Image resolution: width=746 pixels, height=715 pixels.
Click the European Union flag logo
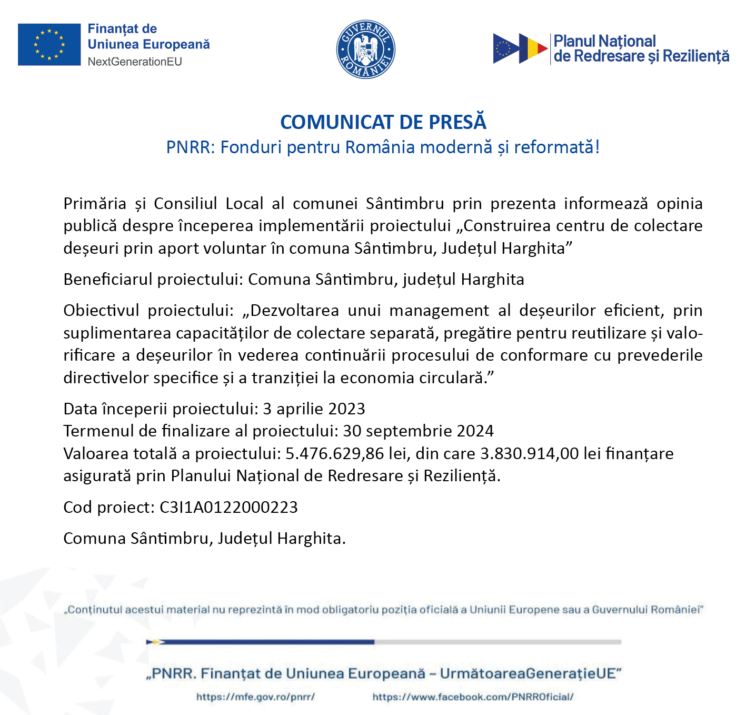point(49,45)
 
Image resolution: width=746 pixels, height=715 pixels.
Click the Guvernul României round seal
point(365,49)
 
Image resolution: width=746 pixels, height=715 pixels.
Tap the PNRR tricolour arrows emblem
point(520,48)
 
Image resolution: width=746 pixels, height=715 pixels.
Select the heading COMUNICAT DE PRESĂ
point(383,122)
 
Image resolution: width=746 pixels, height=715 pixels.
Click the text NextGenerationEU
point(135,62)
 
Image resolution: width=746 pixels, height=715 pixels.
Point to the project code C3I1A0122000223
point(228,507)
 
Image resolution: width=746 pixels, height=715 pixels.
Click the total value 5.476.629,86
point(335,453)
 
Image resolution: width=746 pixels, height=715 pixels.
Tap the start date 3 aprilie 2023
point(314,409)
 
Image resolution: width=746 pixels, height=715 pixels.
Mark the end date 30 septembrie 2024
point(418,431)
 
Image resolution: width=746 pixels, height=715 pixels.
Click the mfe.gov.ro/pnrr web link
point(255,697)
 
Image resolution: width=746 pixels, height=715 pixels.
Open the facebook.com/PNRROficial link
point(473,697)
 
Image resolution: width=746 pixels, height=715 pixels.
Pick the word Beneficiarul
point(107,279)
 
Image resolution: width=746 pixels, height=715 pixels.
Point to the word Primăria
point(95,203)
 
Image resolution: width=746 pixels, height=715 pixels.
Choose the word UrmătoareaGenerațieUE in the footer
point(528,673)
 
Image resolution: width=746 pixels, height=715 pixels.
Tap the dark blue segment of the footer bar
point(263,642)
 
